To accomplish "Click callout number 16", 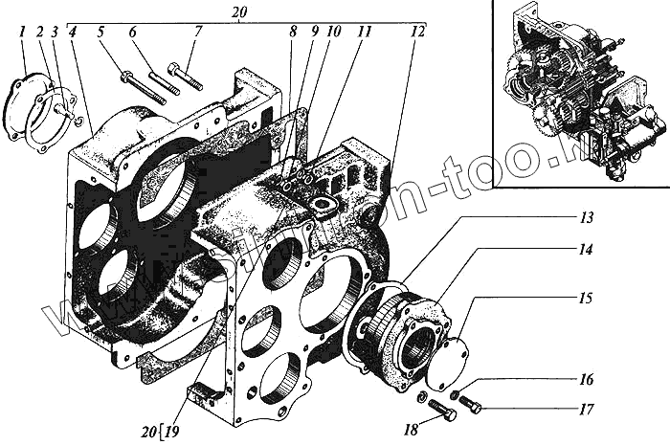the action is (585, 379).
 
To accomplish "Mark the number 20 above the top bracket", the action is (239, 11).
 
